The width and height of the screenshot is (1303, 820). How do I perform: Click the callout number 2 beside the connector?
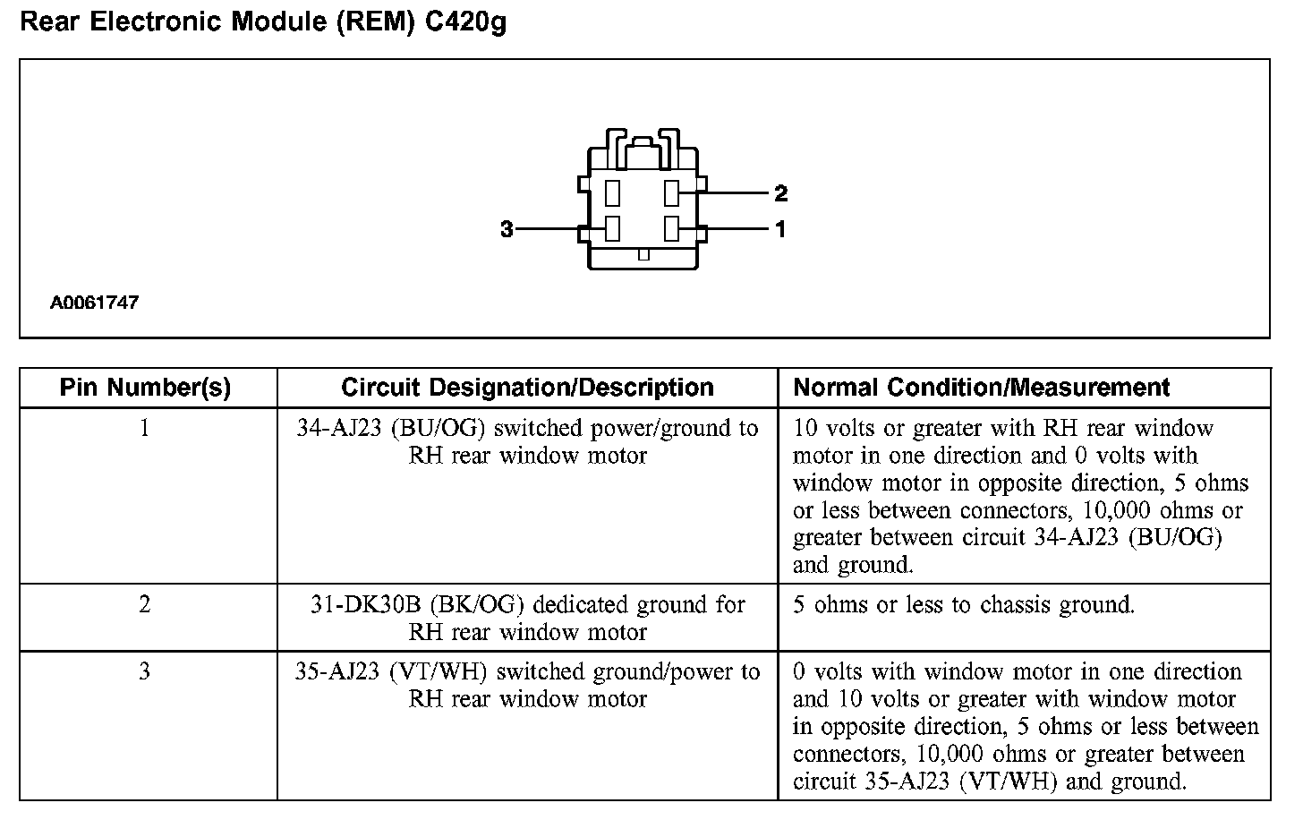click(x=780, y=193)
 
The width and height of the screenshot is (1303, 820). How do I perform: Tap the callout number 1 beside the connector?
click(x=780, y=230)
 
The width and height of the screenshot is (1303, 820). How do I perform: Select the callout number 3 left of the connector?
click(x=507, y=230)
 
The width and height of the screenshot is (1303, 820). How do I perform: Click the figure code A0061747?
click(x=94, y=303)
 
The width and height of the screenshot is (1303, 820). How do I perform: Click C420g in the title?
click(x=465, y=21)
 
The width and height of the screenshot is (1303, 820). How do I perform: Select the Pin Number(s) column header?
click(x=145, y=388)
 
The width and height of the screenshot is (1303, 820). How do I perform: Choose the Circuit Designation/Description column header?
click(x=527, y=388)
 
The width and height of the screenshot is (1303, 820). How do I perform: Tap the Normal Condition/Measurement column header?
click(x=981, y=388)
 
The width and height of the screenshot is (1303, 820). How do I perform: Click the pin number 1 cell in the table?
click(x=145, y=429)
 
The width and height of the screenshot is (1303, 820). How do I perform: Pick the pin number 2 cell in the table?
click(x=145, y=605)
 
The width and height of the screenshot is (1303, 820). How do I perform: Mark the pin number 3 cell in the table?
click(x=145, y=672)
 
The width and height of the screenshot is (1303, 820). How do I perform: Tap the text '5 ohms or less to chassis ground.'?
click(x=964, y=605)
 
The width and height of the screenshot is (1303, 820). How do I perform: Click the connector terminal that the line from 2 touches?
click(x=672, y=193)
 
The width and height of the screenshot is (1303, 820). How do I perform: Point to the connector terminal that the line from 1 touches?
click(x=672, y=229)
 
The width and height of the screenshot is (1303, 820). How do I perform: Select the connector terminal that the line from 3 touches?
click(x=613, y=229)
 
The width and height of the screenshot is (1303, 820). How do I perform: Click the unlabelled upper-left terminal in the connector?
click(x=613, y=193)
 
